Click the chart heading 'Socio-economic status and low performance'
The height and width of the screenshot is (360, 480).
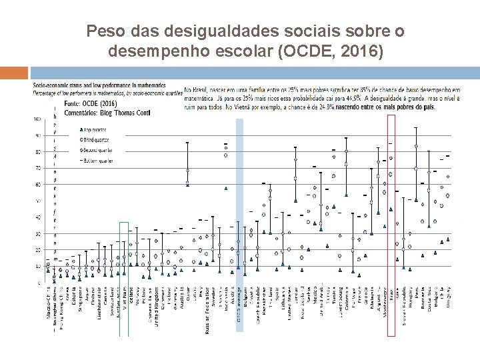(x=93, y=86)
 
